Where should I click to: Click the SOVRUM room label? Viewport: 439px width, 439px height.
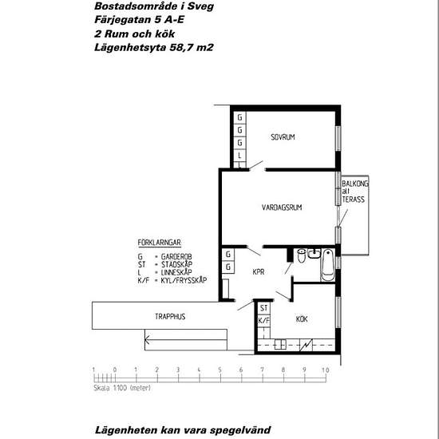click(283, 138)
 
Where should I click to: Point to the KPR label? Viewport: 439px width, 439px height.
click(259, 271)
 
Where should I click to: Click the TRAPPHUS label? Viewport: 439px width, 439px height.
click(170, 317)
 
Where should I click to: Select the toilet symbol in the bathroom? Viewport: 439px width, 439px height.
click(301, 257)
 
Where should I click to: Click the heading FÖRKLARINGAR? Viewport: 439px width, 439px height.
click(162, 241)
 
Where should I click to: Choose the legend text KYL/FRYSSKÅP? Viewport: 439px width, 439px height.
click(188, 280)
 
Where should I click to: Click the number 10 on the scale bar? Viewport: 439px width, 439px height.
click(325, 370)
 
